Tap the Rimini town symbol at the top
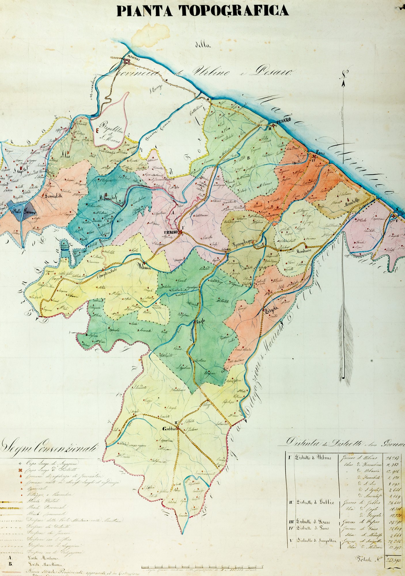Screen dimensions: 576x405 [127, 61]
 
